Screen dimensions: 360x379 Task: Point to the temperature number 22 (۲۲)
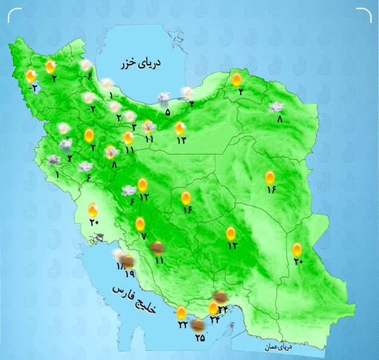(x=182, y=324)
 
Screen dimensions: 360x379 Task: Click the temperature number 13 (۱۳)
(x=181, y=140)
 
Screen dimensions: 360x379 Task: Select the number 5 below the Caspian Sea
(x=168, y=112)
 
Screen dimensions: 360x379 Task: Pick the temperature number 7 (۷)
(x=143, y=236)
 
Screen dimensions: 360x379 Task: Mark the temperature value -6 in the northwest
(x=87, y=77)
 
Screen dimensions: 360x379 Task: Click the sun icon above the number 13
(x=179, y=128)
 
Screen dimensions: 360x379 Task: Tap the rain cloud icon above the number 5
(x=164, y=99)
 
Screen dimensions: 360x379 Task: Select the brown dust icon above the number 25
(x=198, y=324)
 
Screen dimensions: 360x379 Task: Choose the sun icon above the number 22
(x=181, y=312)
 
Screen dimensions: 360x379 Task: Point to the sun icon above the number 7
(x=140, y=224)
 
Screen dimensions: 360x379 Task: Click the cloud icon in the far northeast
(x=276, y=107)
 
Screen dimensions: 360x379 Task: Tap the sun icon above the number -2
(x=30, y=76)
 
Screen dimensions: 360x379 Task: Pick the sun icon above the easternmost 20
(x=297, y=249)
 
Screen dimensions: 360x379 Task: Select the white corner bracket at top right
(x=365, y=14)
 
